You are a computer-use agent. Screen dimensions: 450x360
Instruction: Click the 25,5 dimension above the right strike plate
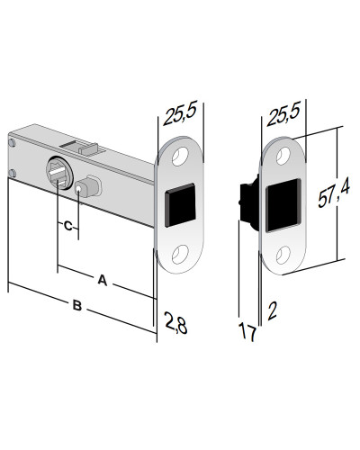[x=283, y=114]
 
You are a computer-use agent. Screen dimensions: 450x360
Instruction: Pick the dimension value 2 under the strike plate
[x=271, y=312]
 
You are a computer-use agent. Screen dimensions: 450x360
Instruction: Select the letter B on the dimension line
[x=77, y=307]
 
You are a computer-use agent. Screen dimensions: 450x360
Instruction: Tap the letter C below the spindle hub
[x=67, y=226]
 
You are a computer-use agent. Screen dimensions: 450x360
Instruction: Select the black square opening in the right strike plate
[x=282, y=202]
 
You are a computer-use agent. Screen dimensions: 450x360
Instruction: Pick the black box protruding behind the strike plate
[x=245, y=198]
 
